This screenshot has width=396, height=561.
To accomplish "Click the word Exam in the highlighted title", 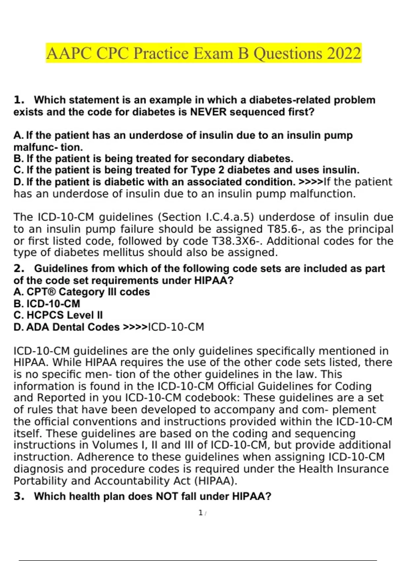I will click(x=213, y=53).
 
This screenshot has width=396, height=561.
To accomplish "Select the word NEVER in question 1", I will click(x=209, y=112).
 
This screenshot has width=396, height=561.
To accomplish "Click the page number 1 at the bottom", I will click(x=200, y=513).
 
